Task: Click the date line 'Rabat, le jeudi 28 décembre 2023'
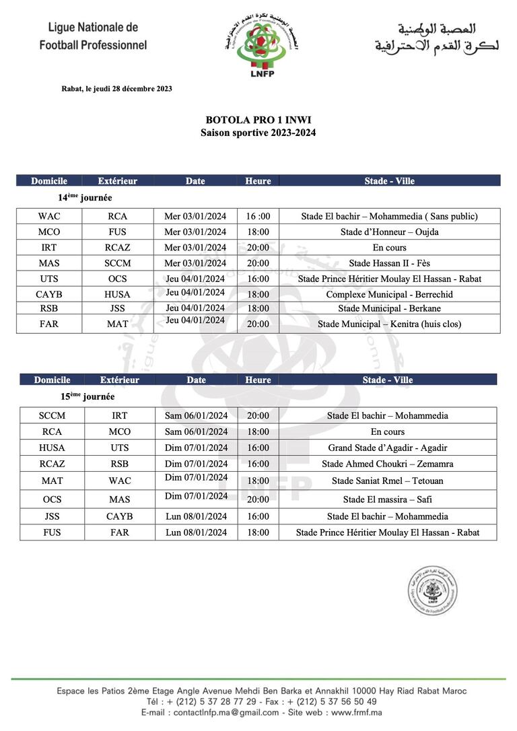click(x=116, y=88)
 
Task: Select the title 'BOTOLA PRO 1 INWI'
click(x=258, y=120)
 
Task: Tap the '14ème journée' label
click(x=85, y=198)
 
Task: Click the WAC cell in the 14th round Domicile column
click(x=49, y=216)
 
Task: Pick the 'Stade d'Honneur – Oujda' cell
click(x=389, y=232)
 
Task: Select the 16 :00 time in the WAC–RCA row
click(x=258, y=216)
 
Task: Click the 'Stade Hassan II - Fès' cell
click(x=389, y=263)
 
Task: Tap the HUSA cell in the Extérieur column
click(x=118, y=294)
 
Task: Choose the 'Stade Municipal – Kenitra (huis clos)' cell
click(x=389, y=324)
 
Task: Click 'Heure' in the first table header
click(x=258, y=181)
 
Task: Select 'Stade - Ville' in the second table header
click(x=388, y=380)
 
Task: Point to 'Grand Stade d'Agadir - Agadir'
click(x=388, y=448)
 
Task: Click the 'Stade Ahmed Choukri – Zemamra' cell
click(x=388, y=464)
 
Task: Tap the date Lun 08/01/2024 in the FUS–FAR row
click(x=196, y=532)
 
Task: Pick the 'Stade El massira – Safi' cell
click(x=388, y=499)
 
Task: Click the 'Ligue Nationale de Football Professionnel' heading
click(x=93, y=36)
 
